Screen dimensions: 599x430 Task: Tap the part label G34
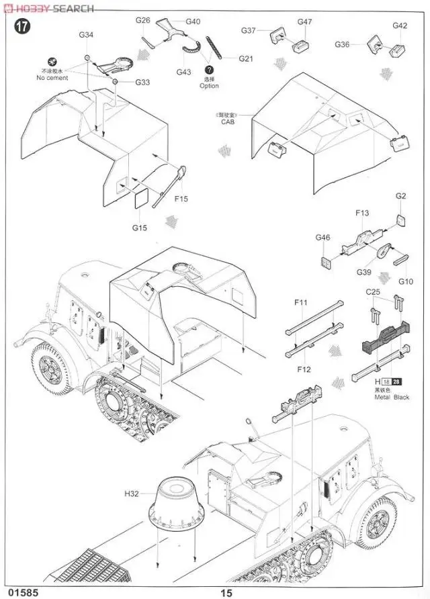[87, 35]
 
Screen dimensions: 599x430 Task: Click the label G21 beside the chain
[245, 59]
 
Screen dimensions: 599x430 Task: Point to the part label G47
[305, 21]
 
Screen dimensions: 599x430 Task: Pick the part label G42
[400, 26]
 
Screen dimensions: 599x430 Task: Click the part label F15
[181, 199]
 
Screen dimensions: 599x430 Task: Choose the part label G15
[139, 228]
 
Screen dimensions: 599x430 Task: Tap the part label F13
[362, 213]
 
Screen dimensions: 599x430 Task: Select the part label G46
[322, 237]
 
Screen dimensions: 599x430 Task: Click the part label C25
[373, 292]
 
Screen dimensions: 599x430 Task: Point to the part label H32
[131, 494]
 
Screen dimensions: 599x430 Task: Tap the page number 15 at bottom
[226, 592]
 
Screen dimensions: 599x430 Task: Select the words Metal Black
[392, 398]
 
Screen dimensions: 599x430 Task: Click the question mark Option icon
[209, 69]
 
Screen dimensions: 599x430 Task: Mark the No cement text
[52, 78]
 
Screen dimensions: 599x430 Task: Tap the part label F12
[303, 369]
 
